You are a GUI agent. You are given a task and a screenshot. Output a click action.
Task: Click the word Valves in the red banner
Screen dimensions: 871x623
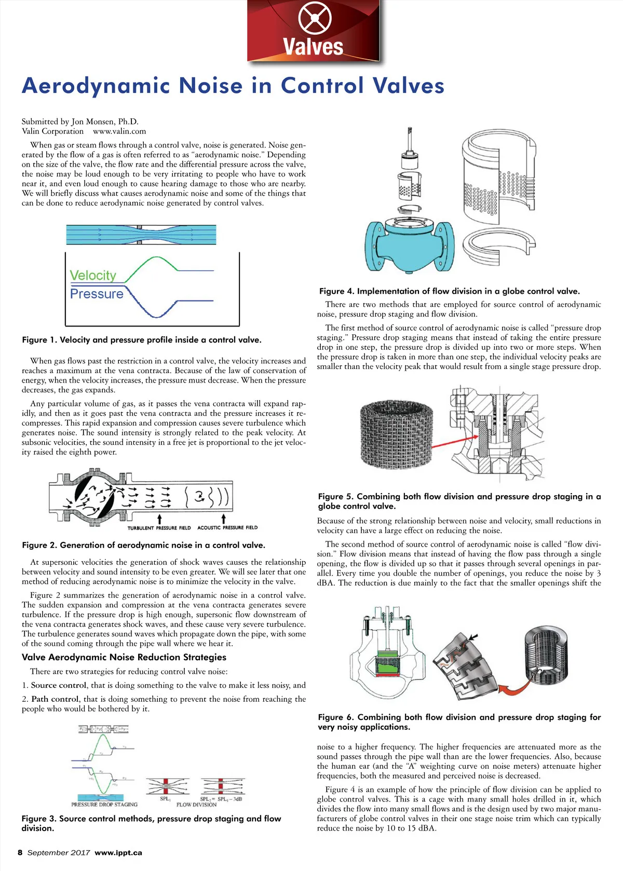click(x=313, y=47)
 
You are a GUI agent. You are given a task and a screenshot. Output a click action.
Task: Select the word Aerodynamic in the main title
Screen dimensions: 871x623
click(x=96, y=86)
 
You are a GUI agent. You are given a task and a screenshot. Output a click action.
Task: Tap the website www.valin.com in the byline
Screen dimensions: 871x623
click(x=119, y=131)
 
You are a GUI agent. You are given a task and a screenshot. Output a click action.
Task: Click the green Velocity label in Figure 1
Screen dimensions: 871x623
click(x=93, y=275)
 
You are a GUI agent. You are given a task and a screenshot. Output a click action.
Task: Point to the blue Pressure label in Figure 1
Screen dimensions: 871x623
click(x=97, y=294)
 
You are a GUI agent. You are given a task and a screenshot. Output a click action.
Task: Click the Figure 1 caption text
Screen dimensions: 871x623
click(x=142, y=340)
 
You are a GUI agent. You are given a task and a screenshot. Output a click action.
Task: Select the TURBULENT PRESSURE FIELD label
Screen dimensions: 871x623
click(x=159, y=528)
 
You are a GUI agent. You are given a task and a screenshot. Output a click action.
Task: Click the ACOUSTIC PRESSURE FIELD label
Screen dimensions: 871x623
click(x=227, y=527)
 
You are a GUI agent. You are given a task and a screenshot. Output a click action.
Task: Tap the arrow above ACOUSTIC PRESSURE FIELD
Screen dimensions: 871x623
click(x=224, y=519)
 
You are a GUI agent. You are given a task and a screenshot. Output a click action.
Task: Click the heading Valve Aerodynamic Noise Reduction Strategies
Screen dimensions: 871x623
click(x=124, y=657)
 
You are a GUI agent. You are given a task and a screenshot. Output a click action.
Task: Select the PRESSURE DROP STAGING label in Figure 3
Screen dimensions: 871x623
click(x=104, y=805)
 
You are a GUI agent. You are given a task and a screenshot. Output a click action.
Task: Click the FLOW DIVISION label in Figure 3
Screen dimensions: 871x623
click(x=196, y=805)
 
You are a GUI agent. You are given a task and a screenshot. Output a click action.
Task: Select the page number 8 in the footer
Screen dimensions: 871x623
click(x=20, y=852)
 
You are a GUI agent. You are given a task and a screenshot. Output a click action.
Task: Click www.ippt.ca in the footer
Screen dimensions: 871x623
click(x=118, y=852)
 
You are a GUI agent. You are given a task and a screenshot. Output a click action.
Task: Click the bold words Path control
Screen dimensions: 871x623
click(x=55, y=699)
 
